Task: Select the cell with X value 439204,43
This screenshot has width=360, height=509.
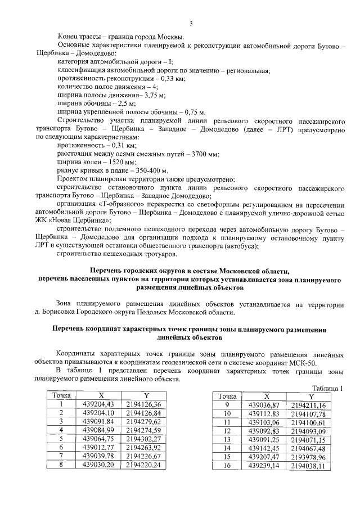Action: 98,404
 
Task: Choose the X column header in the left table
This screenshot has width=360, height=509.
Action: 98,396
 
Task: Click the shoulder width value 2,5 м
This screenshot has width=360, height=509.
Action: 124,104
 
